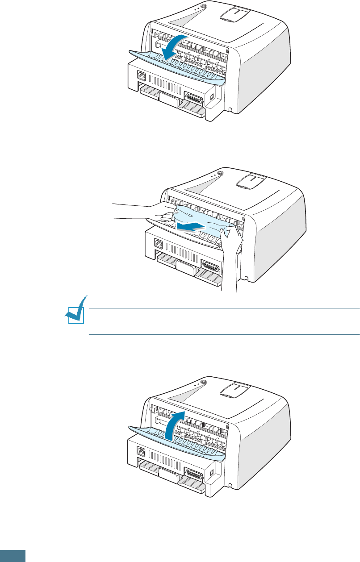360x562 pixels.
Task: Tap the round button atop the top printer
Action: pyautogui.click(x=204, y=7)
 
